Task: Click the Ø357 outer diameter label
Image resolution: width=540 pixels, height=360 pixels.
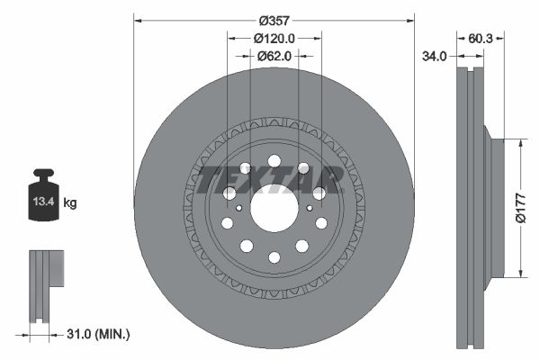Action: click(x=274, y=20)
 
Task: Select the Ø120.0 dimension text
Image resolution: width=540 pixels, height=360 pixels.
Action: click(x=274, y=38)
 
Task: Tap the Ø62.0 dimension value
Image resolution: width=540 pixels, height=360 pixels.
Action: click(x=274, y=56)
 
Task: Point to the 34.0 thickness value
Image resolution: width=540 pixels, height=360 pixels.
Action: click(x=435, y=56)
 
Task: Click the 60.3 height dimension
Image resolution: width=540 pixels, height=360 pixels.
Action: click(x=481, y=39)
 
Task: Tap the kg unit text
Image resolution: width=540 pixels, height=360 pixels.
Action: click(x=70, y=203)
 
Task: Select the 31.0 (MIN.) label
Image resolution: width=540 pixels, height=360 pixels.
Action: click(x=98, y=334)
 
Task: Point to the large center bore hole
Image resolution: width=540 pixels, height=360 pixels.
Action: click(x=274, y=209)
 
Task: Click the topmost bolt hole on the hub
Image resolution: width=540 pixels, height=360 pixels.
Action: click(x=274, y=160)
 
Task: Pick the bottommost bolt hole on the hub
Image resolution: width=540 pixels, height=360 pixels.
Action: click(x=274, y=258)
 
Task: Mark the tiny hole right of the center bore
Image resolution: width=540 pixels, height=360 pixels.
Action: click(x=310, y=209)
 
